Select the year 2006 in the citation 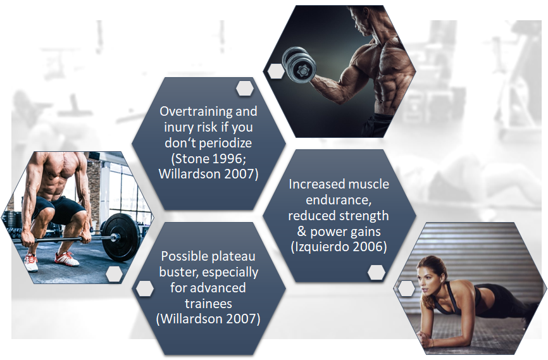click(369, 247)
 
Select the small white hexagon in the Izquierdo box click(377, 272)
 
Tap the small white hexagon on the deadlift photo click(114, 273)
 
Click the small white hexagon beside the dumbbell click(275, 71)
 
